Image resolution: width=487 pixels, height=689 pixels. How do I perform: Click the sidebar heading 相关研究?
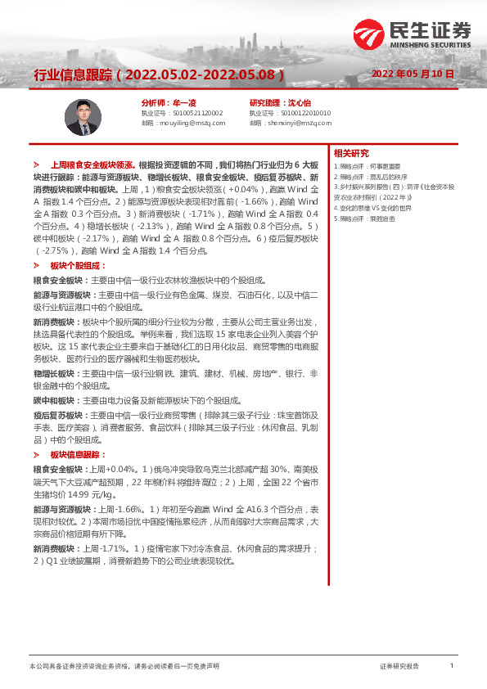(351, 153)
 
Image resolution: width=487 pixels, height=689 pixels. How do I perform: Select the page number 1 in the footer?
(452, 666)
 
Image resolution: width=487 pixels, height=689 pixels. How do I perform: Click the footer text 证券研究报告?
(399, 667)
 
